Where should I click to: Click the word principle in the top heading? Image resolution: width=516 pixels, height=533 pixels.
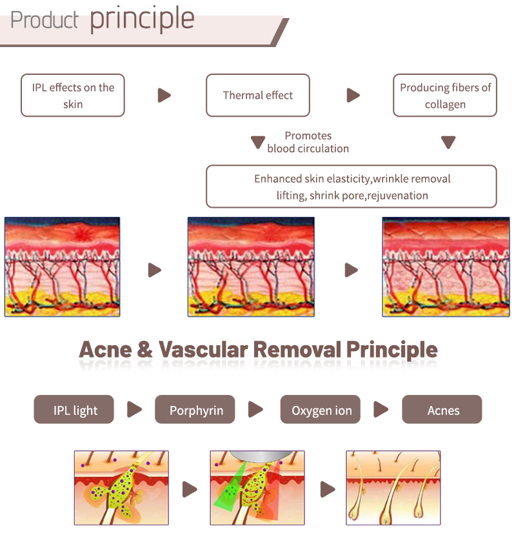click(142, 19)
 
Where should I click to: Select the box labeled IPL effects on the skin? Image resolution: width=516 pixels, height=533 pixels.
click(72, 96)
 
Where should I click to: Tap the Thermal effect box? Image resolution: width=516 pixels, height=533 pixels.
click(257, 96)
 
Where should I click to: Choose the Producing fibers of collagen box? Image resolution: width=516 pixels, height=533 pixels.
click(445, 96)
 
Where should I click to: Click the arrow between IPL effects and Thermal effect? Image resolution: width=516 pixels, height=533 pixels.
click(164, 96)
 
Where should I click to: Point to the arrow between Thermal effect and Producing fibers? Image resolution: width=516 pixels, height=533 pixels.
click(353, 96)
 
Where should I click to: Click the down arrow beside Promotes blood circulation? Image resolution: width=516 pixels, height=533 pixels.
click(257, 143)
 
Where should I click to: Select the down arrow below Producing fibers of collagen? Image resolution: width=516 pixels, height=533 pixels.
click(448, 143)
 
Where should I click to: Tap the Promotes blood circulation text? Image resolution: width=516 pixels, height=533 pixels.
click(308, 142)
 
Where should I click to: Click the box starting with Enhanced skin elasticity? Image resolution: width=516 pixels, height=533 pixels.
click(352, 186)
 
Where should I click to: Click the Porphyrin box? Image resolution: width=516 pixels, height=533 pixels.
click(195, 410)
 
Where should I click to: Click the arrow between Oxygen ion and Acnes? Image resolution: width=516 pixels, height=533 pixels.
click(381, 410)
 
